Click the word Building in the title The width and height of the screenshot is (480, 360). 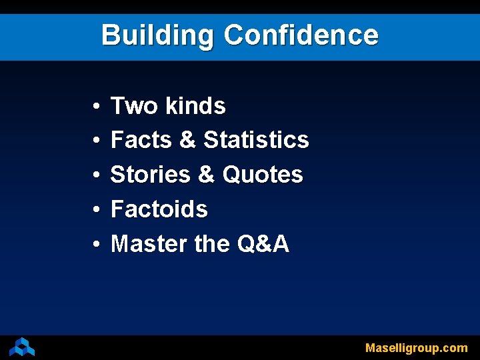[x=157, y=35]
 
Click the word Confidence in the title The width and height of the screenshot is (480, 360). [x=301, y=35]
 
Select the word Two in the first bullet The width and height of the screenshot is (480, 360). [x=134, y=106]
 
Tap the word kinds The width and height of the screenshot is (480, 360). [x=195, y=106]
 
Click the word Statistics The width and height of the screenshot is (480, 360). [x=256, y=141]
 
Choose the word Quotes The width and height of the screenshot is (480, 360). [x=263, y=175]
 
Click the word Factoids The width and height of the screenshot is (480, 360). [x=159, y=210]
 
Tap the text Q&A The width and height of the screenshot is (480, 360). [x=263, y=245]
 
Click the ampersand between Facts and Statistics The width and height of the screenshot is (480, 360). [x=187, y=141]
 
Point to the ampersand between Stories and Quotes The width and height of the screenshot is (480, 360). [x=206, y=175]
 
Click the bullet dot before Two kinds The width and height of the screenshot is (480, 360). [x=97, y=107]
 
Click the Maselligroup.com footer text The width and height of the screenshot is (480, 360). [x=416, y=348]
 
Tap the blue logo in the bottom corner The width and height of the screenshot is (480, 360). [x=22, y=347]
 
